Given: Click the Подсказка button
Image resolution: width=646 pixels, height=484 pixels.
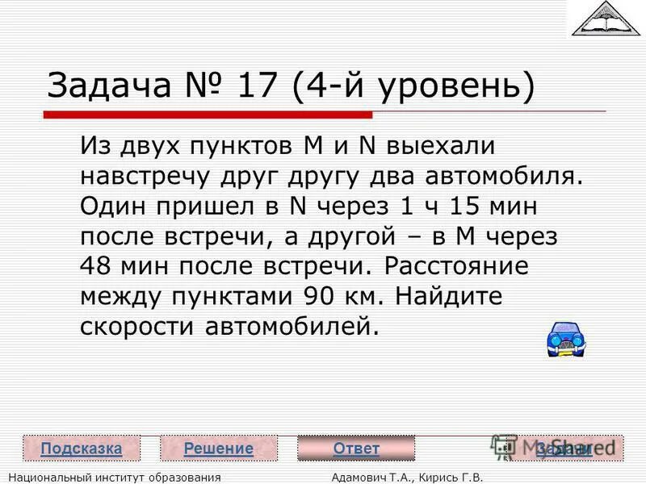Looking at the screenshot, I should (82, 449).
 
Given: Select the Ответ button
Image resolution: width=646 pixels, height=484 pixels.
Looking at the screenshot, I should (356, 449).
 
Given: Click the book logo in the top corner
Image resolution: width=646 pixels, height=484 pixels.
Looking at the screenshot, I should (605, 19).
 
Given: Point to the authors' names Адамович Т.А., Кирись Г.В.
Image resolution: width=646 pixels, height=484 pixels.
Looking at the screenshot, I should (407, 478).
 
